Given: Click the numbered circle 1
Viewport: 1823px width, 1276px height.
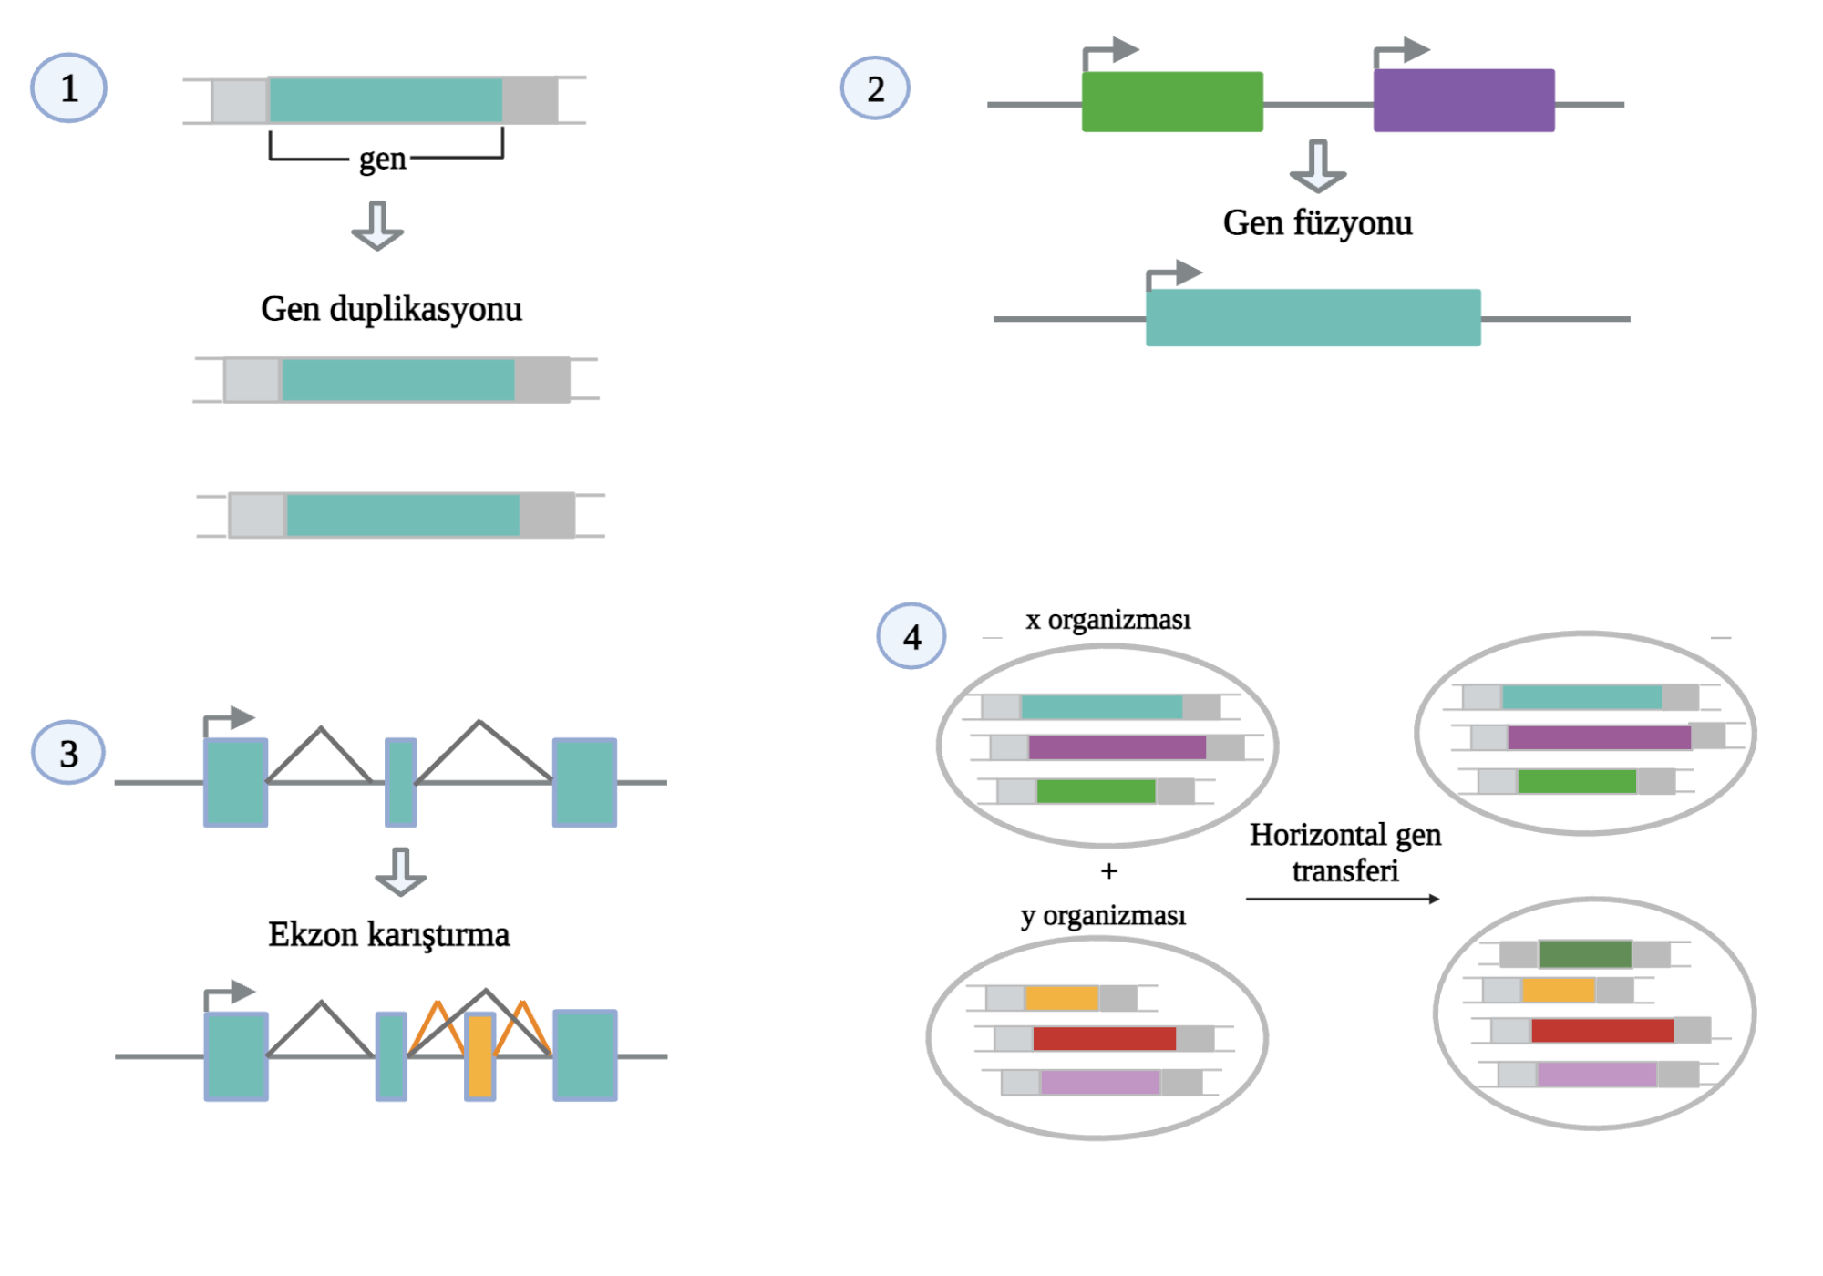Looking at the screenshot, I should point(68,88).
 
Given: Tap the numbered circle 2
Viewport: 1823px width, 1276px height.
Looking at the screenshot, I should point(875,88).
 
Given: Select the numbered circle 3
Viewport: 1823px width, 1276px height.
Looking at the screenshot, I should point(68,753).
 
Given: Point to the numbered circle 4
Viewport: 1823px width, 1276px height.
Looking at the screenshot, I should point(911,636).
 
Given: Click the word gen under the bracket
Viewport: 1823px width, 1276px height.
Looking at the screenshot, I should point(382,159).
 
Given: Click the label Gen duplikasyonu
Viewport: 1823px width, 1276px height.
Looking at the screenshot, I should point(391,309).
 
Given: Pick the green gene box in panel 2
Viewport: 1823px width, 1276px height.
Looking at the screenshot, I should point(1172,102).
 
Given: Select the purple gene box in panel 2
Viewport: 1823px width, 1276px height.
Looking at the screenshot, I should point(1464,100).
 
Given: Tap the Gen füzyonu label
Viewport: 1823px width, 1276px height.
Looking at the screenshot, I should point(1317,222).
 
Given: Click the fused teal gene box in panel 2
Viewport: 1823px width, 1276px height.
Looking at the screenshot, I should point(1313,317).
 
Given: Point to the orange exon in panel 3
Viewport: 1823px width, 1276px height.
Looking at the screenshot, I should point(479,1056).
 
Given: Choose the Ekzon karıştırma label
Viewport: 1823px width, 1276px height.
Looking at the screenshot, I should point(388,934).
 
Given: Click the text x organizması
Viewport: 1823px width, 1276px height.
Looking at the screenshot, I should point(1107,620).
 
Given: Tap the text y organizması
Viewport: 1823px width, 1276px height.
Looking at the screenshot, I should point(1103,914).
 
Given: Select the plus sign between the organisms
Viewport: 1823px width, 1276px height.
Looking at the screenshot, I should point(1108,871).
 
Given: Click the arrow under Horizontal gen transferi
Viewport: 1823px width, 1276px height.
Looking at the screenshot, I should point(1343,899).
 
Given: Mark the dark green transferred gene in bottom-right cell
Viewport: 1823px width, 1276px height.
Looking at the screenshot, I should point(1585,954).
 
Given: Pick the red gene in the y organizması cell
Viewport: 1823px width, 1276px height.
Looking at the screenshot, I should point(1104,1038).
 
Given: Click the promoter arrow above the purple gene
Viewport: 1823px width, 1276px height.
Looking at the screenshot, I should point(1402,52).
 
